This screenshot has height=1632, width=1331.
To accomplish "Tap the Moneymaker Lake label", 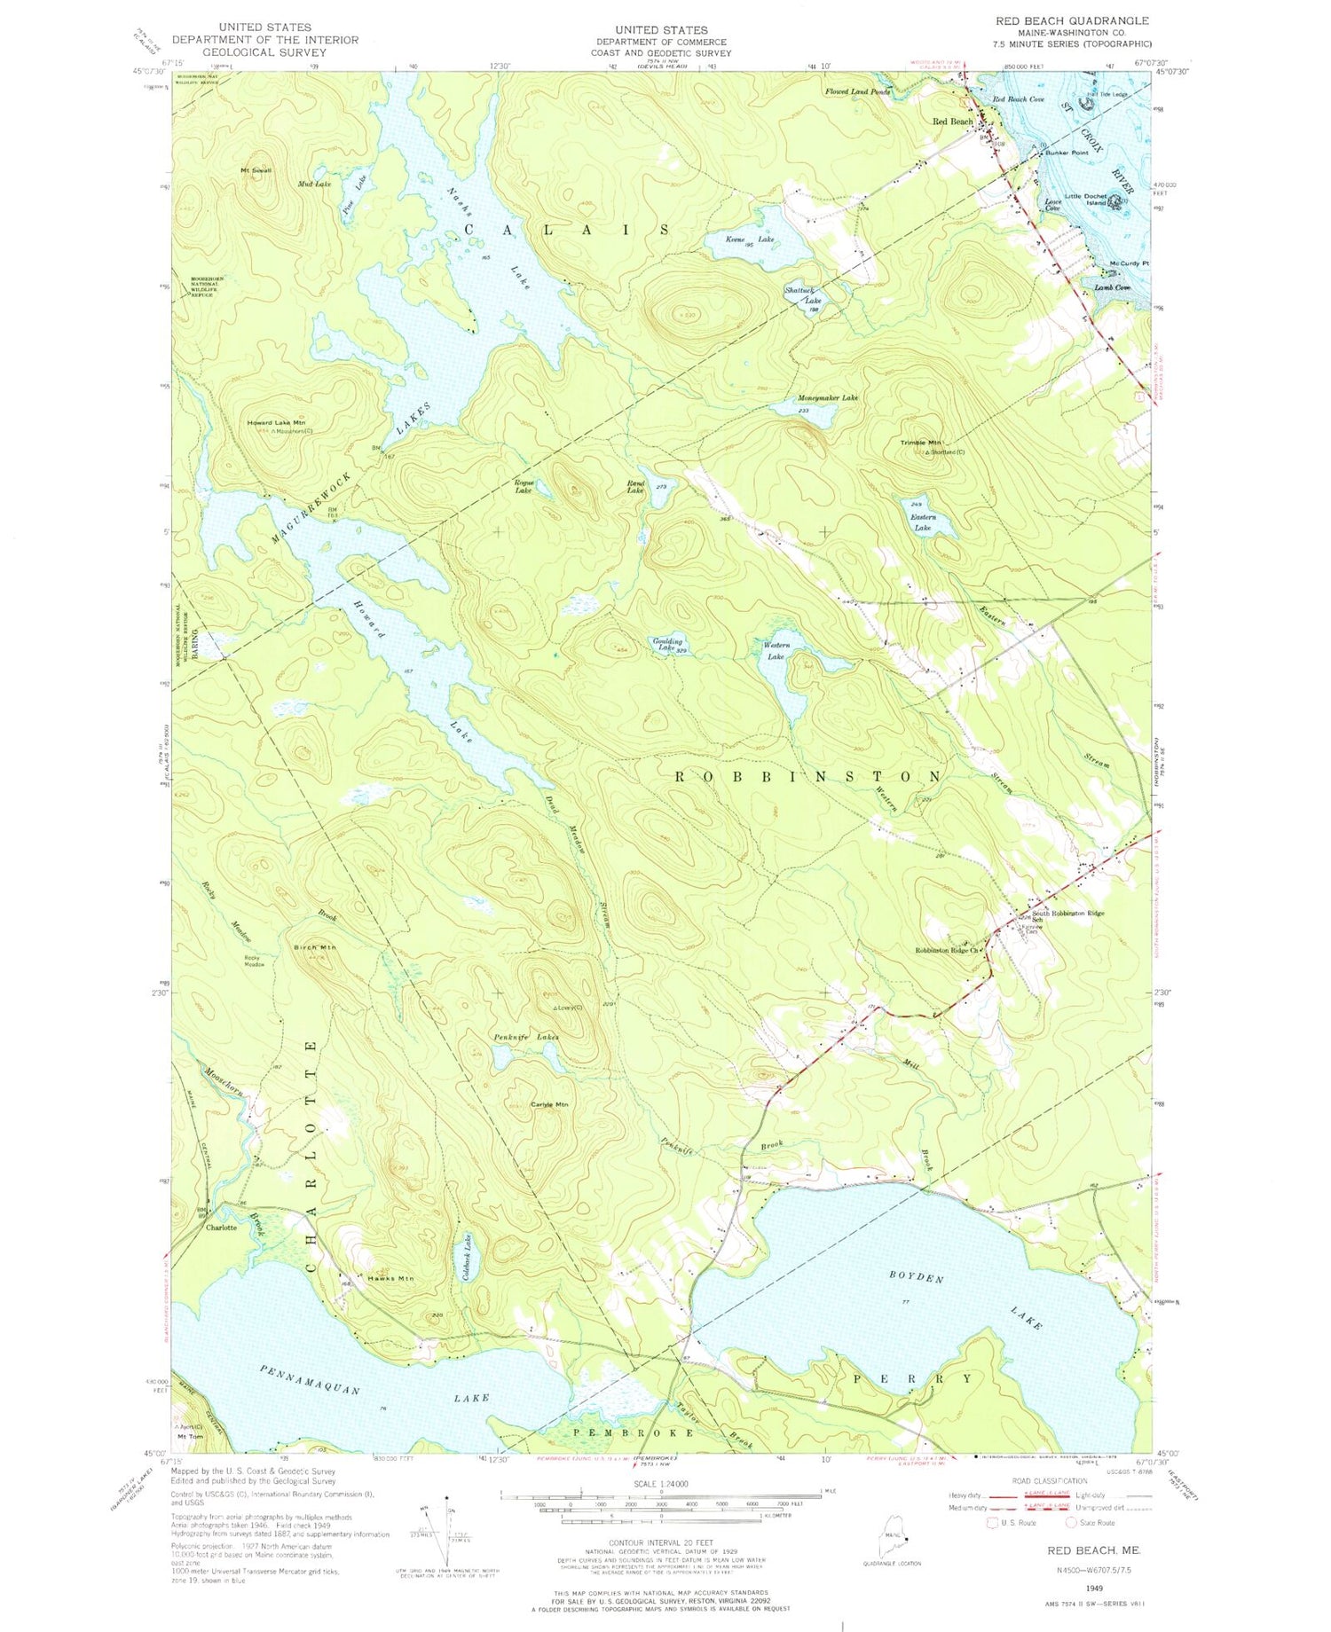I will [x=826, y=398].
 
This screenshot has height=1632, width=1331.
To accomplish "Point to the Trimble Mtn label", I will [x=922, y=442].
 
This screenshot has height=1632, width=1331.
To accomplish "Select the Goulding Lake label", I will [x=667, y=644].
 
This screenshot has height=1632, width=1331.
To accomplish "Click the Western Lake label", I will [x=775, y=651].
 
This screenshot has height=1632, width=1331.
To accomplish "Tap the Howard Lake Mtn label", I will [x=277, y=424].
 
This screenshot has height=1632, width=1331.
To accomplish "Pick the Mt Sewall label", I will [x=256, y=169].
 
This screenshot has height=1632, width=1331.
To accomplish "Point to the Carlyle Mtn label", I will [x=548, y=1104].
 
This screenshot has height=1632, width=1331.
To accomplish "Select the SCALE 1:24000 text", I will [x=661, y=1483].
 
